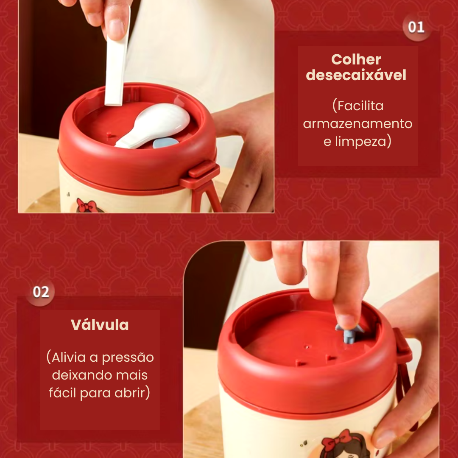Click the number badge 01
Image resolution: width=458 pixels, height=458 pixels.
416,27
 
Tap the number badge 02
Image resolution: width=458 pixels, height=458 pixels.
41,292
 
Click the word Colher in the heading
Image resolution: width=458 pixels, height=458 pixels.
356,60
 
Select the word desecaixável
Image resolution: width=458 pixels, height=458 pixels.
356,75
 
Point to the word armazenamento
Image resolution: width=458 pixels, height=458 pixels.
357,124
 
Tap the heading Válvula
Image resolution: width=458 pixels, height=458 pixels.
100,324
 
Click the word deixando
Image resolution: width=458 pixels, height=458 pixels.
79,375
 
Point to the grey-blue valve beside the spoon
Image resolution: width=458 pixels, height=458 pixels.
165,142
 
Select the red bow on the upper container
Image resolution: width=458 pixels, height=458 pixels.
86,205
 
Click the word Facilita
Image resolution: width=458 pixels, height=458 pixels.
358,106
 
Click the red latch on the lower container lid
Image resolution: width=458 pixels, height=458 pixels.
402,346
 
